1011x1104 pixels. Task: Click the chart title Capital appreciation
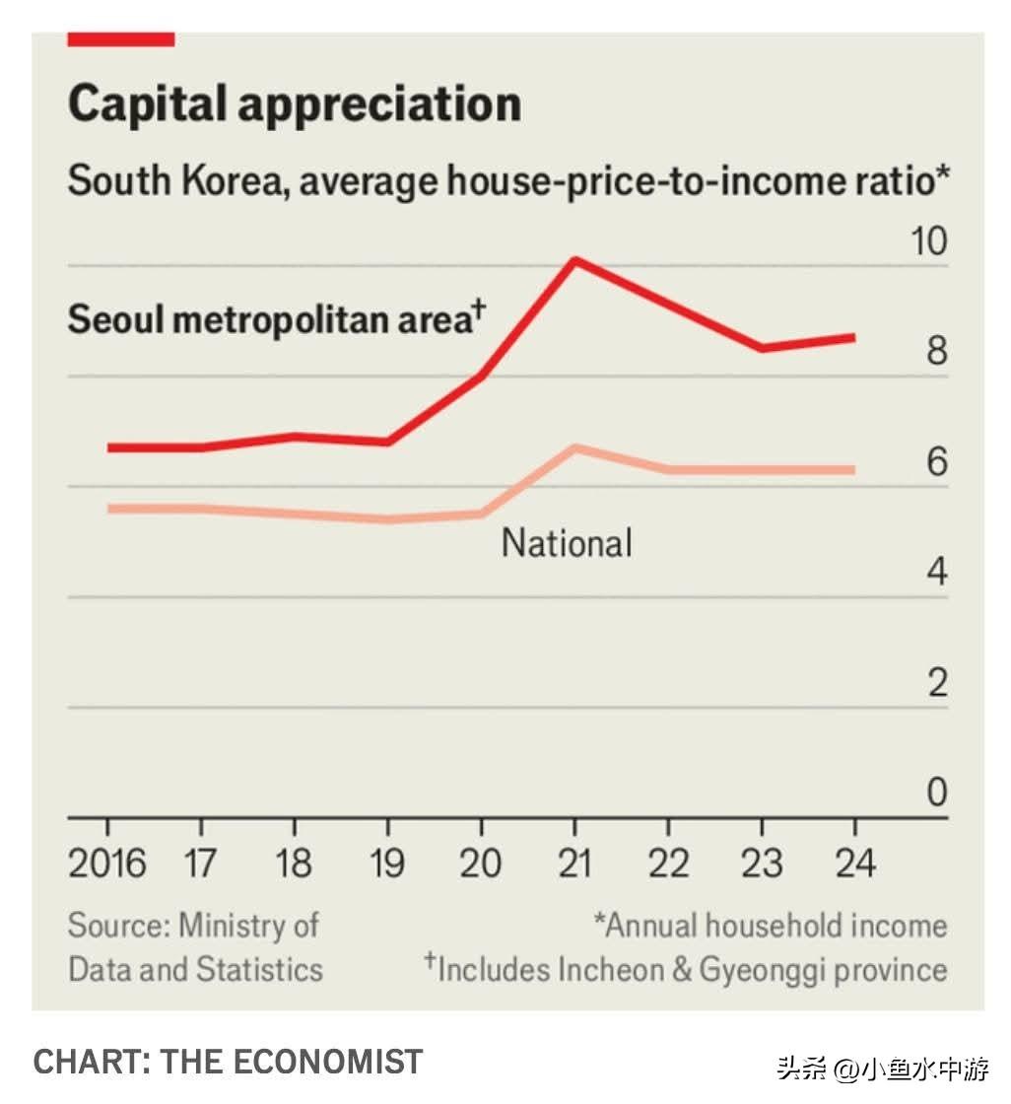[294, 103]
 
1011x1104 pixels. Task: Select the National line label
[567, 543]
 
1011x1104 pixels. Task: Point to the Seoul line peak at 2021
[574, 261]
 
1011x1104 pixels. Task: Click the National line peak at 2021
[574, 448]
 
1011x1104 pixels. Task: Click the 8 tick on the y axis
[936, 352]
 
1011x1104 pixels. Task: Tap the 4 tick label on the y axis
[936, 572]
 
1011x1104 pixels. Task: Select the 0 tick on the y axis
[936, 793]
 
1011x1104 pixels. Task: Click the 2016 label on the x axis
[106, 864]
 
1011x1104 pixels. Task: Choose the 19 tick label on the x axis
[387, 864]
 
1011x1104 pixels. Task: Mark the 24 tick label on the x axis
[853, 864]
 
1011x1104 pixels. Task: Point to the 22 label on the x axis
[668, 864]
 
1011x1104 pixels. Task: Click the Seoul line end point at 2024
[853, 337]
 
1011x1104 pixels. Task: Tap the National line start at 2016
[108, 509]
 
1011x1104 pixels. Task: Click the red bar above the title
[120, 39]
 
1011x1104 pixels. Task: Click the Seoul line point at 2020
[481, 377]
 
